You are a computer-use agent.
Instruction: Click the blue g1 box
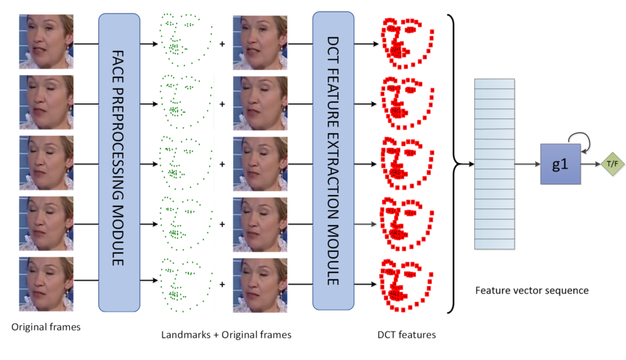point(560,164)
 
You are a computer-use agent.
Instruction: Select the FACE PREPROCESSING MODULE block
point(119,162)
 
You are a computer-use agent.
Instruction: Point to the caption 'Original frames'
point(46,328)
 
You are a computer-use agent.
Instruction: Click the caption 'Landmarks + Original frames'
point(226,335)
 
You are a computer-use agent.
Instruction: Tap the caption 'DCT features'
point(407,335)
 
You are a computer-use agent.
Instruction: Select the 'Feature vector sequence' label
point(532,290)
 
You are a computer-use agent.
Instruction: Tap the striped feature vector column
point(494,164)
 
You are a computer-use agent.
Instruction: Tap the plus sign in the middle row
point(222,164)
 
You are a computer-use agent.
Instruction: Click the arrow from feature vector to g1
point(526,164)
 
